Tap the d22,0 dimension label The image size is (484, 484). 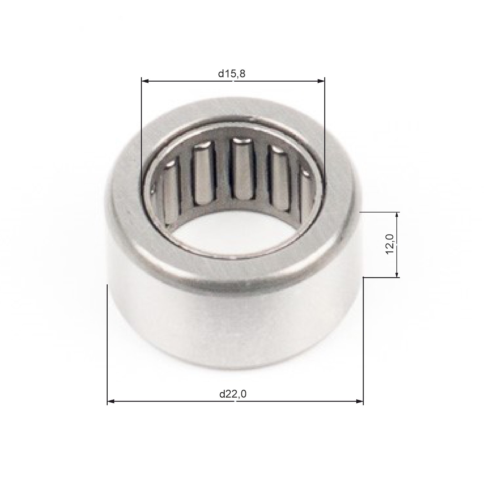click(x=233, y=394)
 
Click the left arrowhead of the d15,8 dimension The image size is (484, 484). click(x=145, y=81)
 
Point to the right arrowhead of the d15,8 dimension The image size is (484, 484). click(x=321, y=81)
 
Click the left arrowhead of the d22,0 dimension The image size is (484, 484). click(x=111, y=401)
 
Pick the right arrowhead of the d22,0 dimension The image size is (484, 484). click(x=359, y=401)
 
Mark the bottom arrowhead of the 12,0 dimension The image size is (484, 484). click(x=397, y=274)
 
